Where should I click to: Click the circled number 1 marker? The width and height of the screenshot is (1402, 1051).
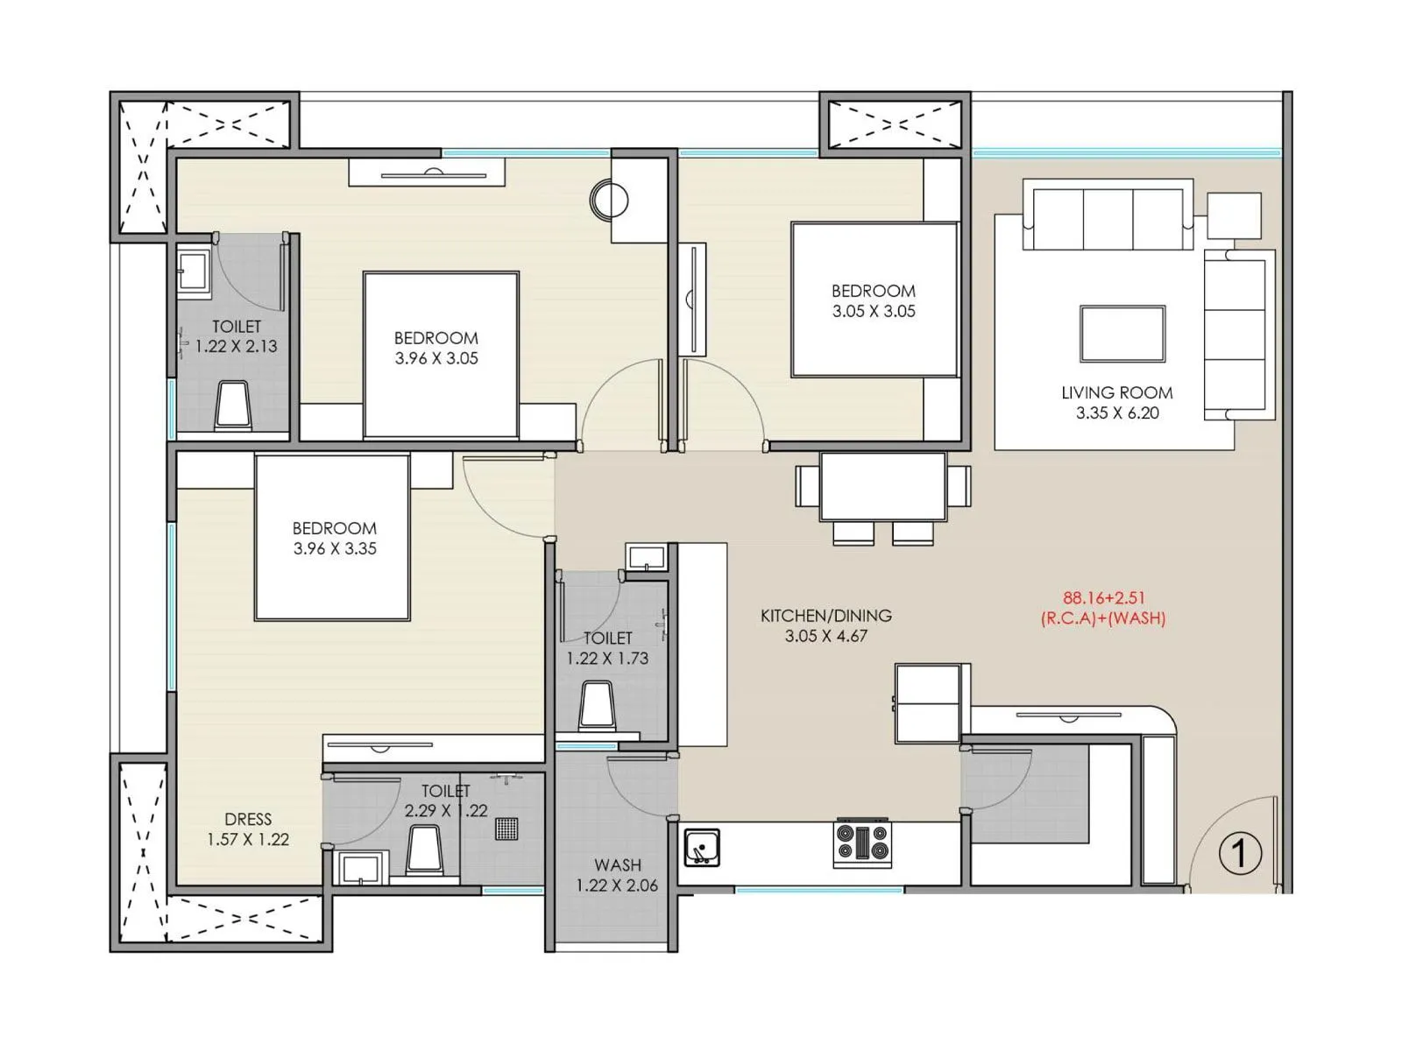point(1239,853)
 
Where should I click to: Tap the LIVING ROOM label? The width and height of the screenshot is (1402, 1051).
point(1116,393)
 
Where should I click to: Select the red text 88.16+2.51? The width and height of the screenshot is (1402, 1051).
point(1104,598)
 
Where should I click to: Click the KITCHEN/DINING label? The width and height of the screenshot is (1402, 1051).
point(825,616)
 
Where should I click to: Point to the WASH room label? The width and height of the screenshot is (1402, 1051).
point(618,865)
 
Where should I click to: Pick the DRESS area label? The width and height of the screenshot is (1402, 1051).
point(248,819)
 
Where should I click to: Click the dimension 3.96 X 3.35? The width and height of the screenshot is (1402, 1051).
point(335,549)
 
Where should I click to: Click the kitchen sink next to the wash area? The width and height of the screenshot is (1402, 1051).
point(701,848)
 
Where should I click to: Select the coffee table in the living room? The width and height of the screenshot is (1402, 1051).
point(1122,334)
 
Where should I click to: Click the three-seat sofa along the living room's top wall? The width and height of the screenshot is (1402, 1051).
point(1108,216)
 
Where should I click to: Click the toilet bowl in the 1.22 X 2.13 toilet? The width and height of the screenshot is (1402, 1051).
point(233,406)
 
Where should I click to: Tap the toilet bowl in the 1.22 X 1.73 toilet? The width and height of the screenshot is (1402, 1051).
point(597,706)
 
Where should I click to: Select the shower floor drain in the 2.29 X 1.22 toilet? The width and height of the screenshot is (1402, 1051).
point(506,828)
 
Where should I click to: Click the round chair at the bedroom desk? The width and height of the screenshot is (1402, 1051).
point(609,200)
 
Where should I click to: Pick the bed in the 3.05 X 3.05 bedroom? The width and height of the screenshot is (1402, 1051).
point(874,300)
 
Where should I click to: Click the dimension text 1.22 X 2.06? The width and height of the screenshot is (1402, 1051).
point(617,885)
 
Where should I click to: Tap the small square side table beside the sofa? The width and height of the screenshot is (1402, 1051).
point(1234,215)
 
